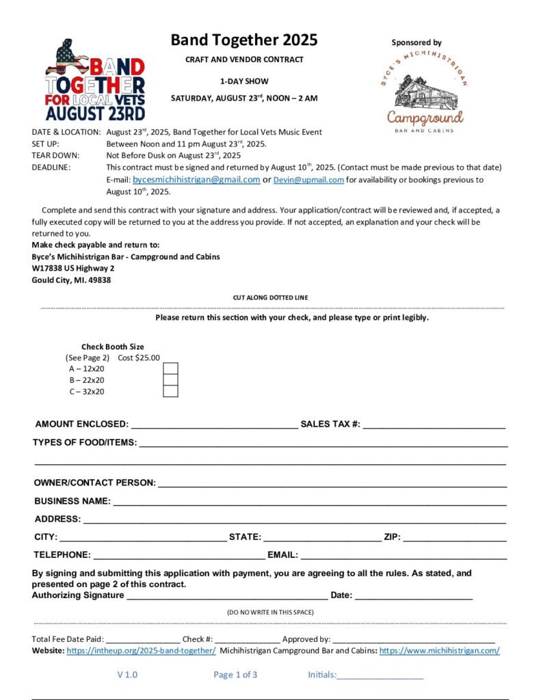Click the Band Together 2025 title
click(244, 40)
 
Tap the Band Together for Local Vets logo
click(95, 79)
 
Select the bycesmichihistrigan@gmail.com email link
click(196, 180)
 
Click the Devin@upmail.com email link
click(308, 180)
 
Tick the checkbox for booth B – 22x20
click(170, 380)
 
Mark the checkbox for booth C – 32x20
click(170, 392)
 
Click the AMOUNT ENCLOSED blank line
click(214, 425)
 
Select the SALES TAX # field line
click(434, 425)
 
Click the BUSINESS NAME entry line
click(310, 502)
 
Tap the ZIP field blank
click(455, 537)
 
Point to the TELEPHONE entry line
click(179, 555)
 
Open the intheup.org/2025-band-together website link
click(141, 651)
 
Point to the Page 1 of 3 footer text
click(235, 675)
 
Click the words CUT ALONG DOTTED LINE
click(270, 298)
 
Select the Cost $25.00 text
click(139, 358)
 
